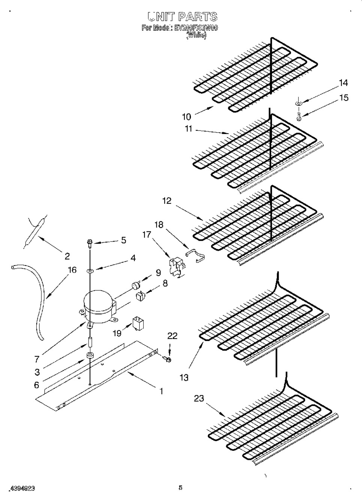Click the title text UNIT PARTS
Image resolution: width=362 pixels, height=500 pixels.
[182, 17]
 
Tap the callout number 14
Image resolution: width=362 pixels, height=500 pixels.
[343, 83]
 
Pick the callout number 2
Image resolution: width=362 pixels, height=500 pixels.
[67, 256]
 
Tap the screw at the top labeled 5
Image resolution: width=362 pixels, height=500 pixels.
[90, 243]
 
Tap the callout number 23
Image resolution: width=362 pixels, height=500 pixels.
[199, 398]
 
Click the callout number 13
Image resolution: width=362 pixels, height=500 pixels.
[184, 377]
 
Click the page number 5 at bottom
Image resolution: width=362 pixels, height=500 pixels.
[180, 488]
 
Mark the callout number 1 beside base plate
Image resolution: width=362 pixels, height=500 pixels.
[161, 391]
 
